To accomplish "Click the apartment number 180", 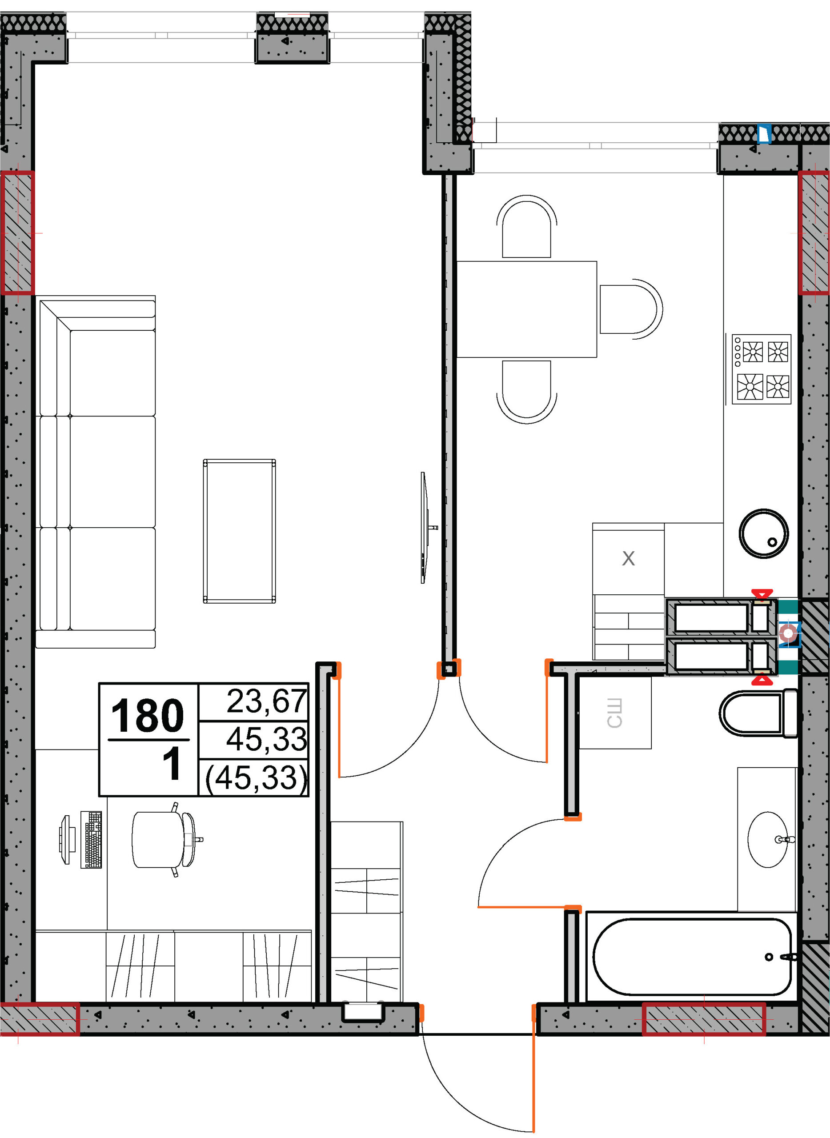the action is [x=147, y=715].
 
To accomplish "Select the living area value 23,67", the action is [x=267, y=701].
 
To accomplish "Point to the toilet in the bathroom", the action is [x=758, y=713].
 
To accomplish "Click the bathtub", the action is [x=692, y=957].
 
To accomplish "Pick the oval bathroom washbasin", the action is [x=768, y=840].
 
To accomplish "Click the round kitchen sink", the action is [x=763, y=533].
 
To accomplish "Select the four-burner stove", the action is [x=761, y=369].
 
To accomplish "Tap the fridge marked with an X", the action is [x=629, y=559].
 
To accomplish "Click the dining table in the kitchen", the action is [x=526, y=309].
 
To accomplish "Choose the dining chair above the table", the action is [x=526, y=227].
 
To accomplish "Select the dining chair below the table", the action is [x=526, y=392].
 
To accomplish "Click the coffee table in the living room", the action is [x=239, y=531].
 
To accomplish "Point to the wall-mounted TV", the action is [x=425, y=528].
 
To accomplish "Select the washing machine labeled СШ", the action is [x=615, y=713].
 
